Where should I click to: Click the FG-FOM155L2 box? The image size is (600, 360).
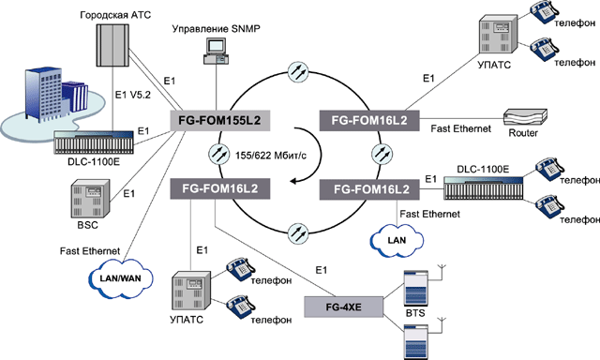pos(220,121)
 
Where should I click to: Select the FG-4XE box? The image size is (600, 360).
pos(344,307)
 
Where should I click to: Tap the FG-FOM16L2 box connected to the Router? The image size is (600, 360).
pos(369,121)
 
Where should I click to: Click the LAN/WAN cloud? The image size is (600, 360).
pos(121,278)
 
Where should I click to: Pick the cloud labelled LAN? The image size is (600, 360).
pos(397,241)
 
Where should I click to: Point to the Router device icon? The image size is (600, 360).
pos(525,117)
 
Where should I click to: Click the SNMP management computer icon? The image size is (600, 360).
pos(216,51)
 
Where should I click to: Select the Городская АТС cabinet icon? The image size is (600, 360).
pos(112,45)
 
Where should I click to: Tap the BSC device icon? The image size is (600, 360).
pos(90,198)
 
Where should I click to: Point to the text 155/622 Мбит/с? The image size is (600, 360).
pos(271,156)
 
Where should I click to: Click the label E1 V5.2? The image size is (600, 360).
pos(133,95)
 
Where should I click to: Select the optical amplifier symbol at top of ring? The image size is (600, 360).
pos(298,71)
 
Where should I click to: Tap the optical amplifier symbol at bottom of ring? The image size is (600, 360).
pos(298,232)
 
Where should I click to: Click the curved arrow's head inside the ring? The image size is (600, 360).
pos(293,181)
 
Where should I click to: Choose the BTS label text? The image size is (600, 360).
pos(415,313)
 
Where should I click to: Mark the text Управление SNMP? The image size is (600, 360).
pos(216,29)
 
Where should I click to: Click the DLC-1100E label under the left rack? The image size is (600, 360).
pos(94,162)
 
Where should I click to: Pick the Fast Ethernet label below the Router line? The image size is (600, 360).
pos(460,129)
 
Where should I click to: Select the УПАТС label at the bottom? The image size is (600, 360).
pos(187,320)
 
